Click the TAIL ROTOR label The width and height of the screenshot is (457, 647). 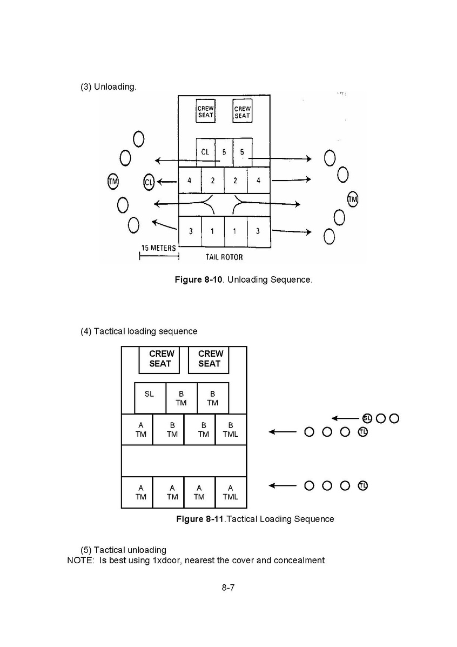224,257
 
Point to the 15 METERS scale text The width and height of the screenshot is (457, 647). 158,248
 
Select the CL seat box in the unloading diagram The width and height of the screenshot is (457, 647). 205,152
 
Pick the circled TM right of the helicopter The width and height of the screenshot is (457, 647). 353,199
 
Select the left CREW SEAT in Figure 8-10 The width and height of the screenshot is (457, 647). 205,112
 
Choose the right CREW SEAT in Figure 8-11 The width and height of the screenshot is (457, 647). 209,359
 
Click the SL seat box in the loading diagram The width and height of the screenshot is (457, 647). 150,398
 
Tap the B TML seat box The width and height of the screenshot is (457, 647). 231,429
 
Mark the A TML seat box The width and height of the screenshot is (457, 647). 231,492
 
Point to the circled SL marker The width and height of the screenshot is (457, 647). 367,418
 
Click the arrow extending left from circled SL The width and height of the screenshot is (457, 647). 346,418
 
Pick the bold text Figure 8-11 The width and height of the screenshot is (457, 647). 200,519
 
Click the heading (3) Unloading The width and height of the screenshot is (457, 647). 108,86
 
